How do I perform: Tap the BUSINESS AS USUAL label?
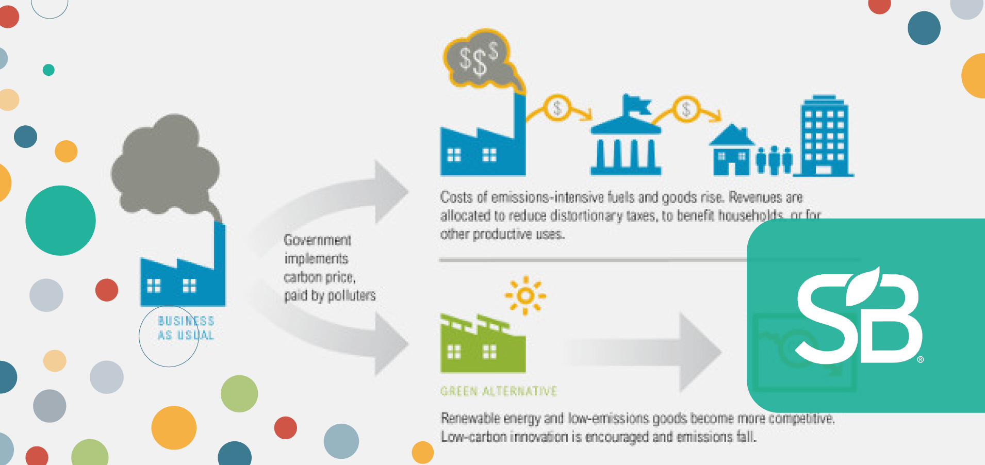point(186,328)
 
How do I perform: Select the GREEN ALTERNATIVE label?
point(499,391)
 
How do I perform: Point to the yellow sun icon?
point(525,295)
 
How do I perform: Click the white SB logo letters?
point(859,317)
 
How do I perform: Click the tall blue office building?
point(824,137)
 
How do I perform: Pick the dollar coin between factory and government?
point(557,108)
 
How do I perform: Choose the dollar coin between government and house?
point(686,109)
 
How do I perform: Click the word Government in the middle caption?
point(317,240)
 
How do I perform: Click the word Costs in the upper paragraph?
point(456,197)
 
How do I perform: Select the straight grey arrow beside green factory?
point(645,353)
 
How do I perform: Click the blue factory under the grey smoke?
point(183,276)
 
